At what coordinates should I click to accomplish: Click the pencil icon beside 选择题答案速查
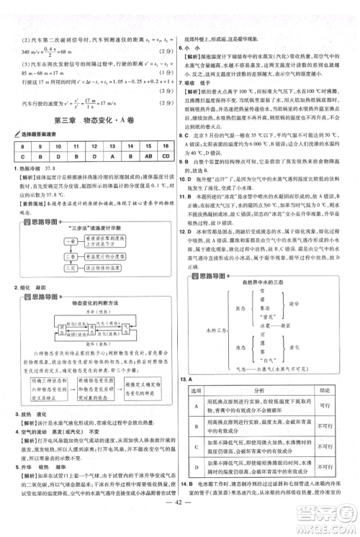9,134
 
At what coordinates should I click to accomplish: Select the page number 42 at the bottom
180,523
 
